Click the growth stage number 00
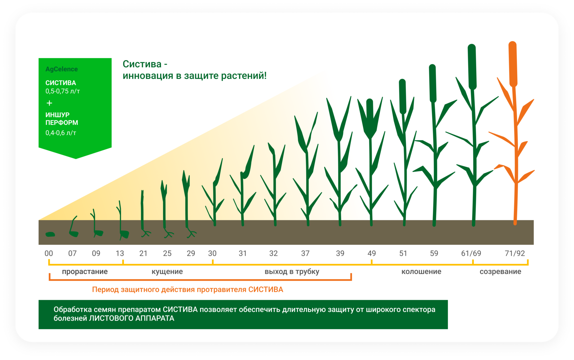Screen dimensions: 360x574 click(x=49, y=253)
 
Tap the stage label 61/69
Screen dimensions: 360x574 click(x=471, y=253)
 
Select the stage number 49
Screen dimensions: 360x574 click(x=371, y=253)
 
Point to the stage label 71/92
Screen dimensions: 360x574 click(x=515, y=253)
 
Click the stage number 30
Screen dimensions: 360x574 click(x=212, y=253)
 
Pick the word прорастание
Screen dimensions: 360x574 click(x=85, y=272)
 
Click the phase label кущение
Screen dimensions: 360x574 click(x=167, y=272)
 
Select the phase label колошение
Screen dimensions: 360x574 click(x=421, y=272)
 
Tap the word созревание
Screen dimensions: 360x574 click(x=500, y=272)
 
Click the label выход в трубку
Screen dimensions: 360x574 click(x=292, y=272)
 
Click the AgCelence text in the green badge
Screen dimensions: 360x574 click(x=61, y=69)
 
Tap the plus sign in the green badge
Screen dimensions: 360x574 click(x=50, y=103)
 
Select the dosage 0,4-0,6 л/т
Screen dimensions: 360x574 click(x=61, y=133)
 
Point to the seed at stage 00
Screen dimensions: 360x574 click(x=50, y=234)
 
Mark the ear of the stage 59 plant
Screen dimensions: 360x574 click(x=433, y=83)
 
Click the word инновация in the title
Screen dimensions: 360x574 click(x=148, y=75)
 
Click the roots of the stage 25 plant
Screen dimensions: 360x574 click(x=168, y=234)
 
